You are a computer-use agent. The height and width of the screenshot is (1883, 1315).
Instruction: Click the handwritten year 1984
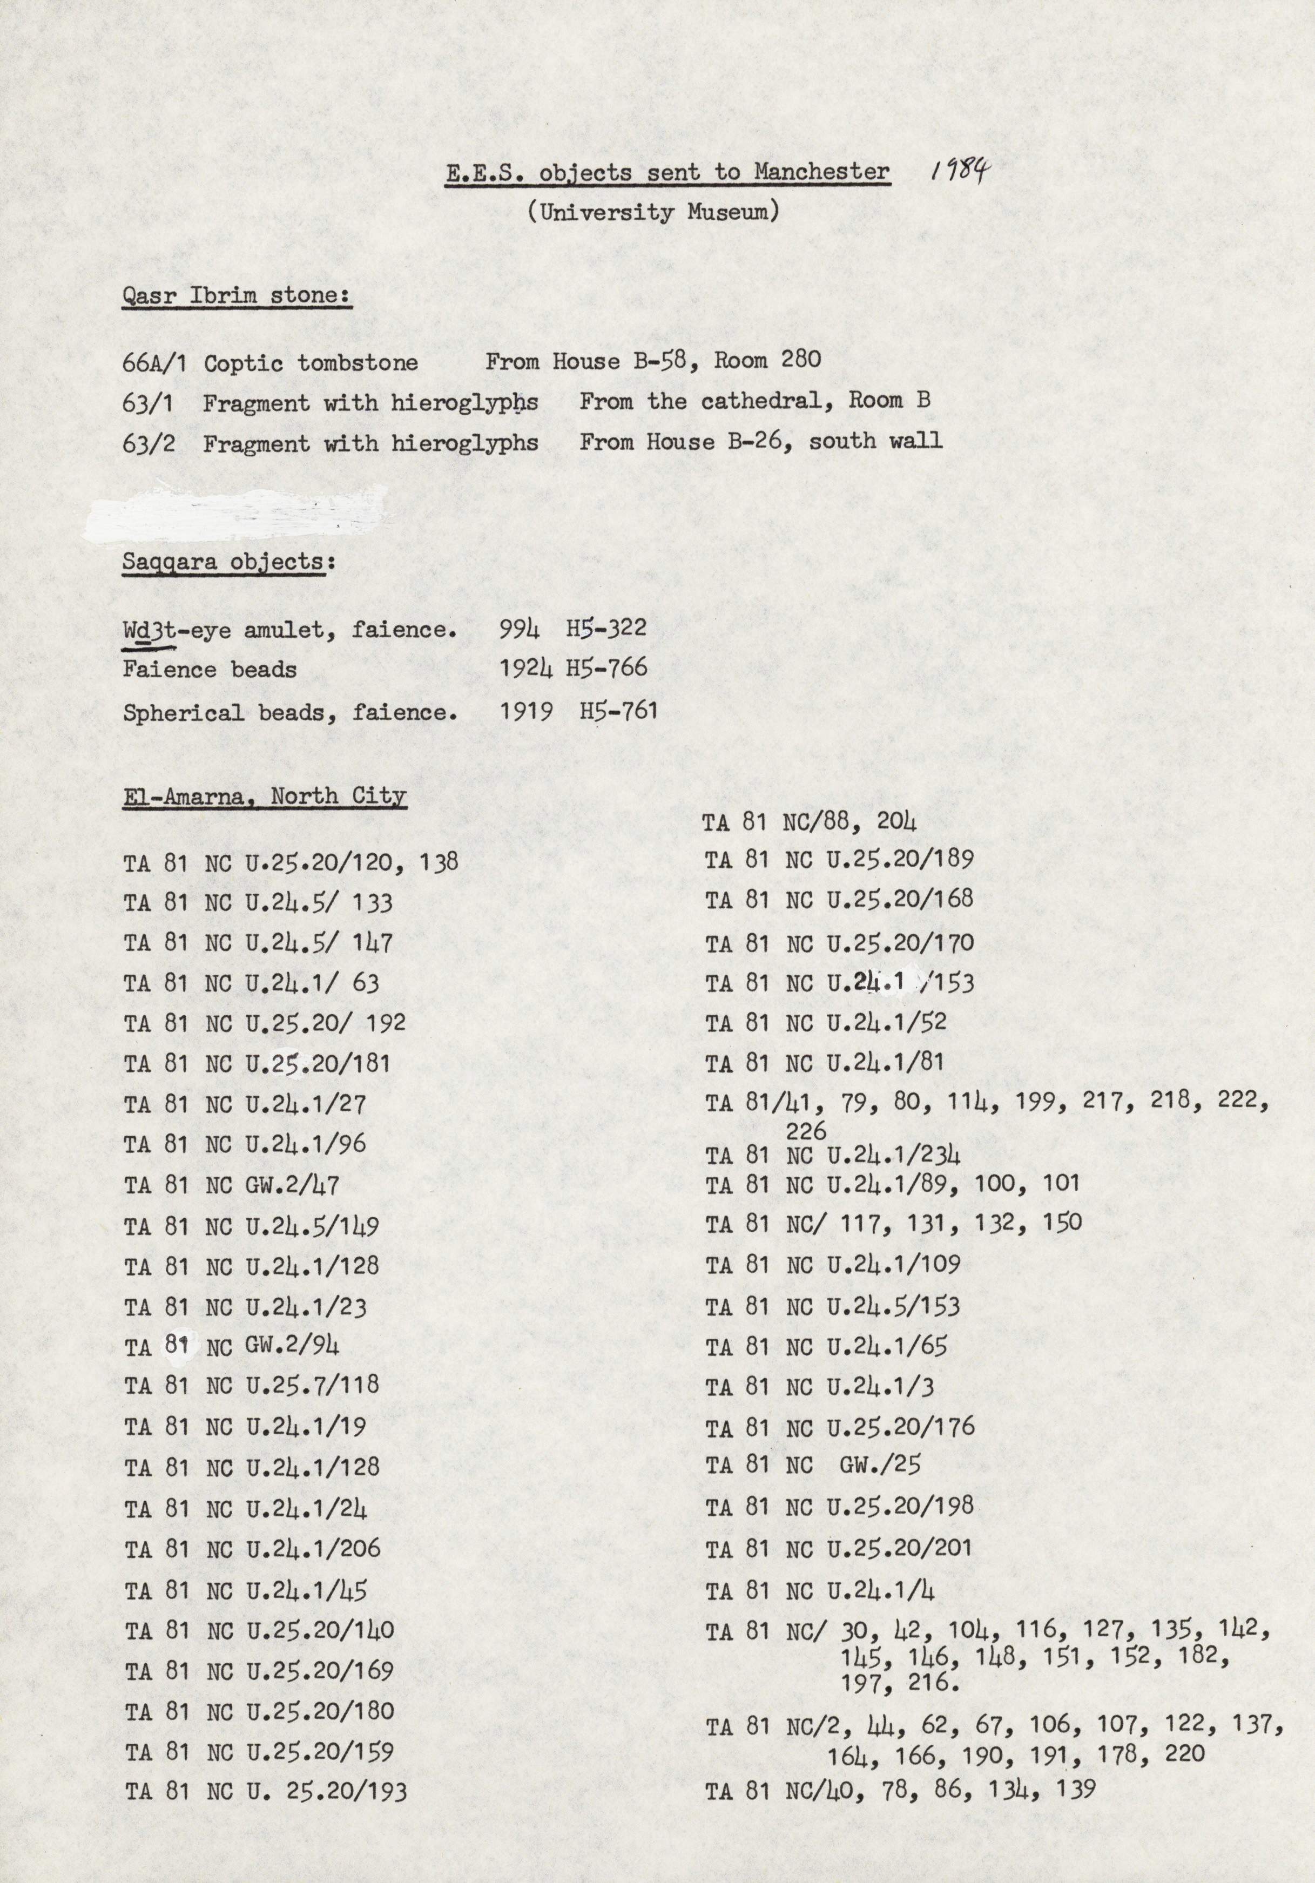(x=960, y=171)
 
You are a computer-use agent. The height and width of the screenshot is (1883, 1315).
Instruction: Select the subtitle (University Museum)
(x=653, y=212)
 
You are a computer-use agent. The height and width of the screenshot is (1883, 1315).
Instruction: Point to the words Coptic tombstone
(x=311, y=362)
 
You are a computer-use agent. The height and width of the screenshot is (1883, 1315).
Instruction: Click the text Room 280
(x=767, y=360)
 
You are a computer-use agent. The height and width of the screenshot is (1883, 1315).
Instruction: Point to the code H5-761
(x=618, y=710)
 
